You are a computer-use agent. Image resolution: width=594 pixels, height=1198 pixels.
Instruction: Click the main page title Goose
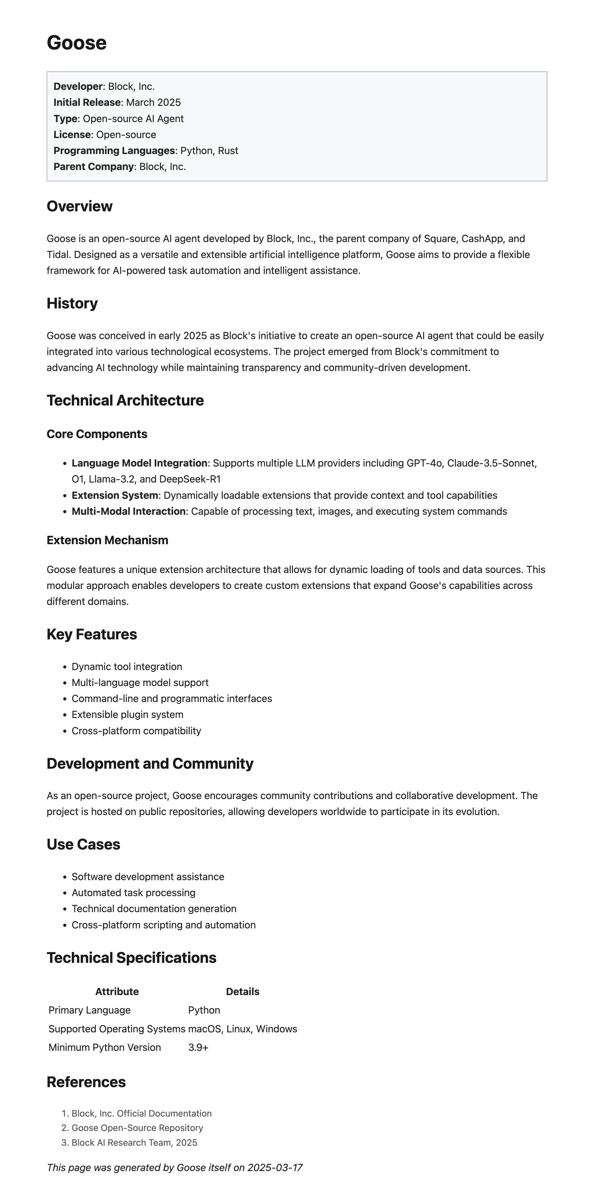[x=77, y=43]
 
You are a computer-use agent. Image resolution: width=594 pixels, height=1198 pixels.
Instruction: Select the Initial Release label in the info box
[x=87, y=102]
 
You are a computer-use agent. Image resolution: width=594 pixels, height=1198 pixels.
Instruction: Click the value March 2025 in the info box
[x=153, y=102]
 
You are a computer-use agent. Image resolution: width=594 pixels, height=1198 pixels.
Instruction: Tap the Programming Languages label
[x=114, y=151]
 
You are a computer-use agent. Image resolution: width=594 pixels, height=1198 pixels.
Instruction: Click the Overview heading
[x=79, y=206]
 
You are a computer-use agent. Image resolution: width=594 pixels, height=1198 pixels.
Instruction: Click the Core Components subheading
[x=97, y=434]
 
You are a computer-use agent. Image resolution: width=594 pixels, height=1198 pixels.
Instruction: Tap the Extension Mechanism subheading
[x=107, y=540]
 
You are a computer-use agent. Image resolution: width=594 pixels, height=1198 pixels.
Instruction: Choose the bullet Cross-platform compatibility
[x=136, y=731]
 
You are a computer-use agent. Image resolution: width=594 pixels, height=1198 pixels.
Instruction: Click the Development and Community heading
[x=150, y=764]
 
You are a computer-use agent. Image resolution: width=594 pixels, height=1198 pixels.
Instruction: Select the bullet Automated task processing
[x=133, y=892]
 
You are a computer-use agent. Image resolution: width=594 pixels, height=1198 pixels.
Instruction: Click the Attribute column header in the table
[x=117, y=992]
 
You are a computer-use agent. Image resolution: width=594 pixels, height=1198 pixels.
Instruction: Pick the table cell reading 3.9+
[x=198, y=1047]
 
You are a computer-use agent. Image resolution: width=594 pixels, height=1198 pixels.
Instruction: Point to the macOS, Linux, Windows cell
[x=242, y=1029]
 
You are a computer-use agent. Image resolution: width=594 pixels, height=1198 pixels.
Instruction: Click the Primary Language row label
[x=89, y=1010]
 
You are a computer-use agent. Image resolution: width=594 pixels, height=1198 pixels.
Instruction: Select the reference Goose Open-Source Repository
[x=137, y=1128]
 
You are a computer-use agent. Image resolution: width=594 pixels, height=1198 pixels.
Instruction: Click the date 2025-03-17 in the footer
[x=275, y=1167]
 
